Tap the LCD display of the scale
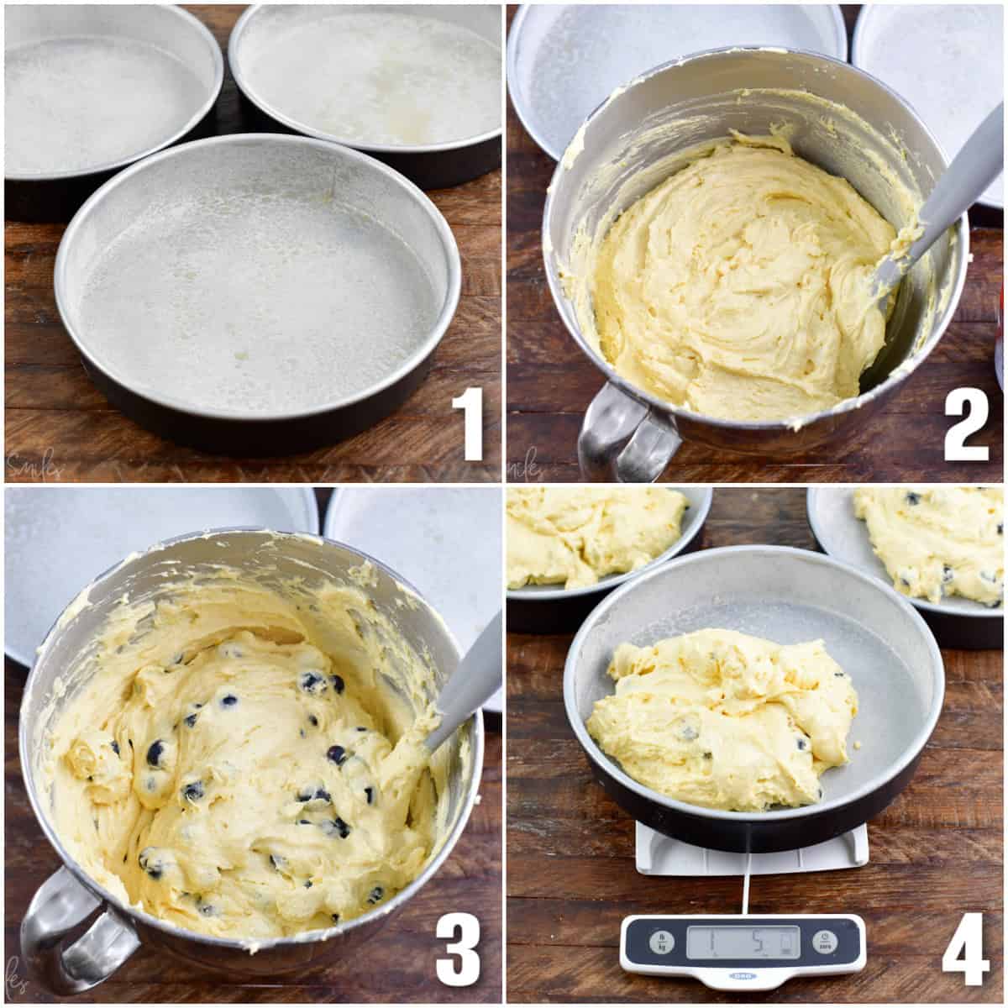(743, 942)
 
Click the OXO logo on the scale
(743, 975)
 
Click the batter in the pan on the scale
(722, 714)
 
